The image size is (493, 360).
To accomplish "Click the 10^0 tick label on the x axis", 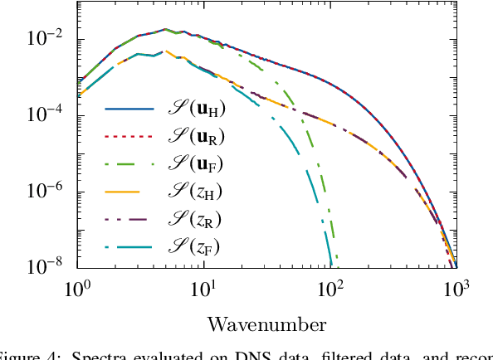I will [x=78, y=289].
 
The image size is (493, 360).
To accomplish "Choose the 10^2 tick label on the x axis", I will [x=331, y=289].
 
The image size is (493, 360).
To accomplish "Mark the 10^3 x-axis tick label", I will [x=457, y=289].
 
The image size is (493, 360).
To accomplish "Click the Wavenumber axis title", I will [x=266, y=323].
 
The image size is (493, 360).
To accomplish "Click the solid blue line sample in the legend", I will [x=129, y=109].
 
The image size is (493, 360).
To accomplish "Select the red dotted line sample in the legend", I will [x=129, y=136].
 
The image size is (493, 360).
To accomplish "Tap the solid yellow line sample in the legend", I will [x=129, y=191].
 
